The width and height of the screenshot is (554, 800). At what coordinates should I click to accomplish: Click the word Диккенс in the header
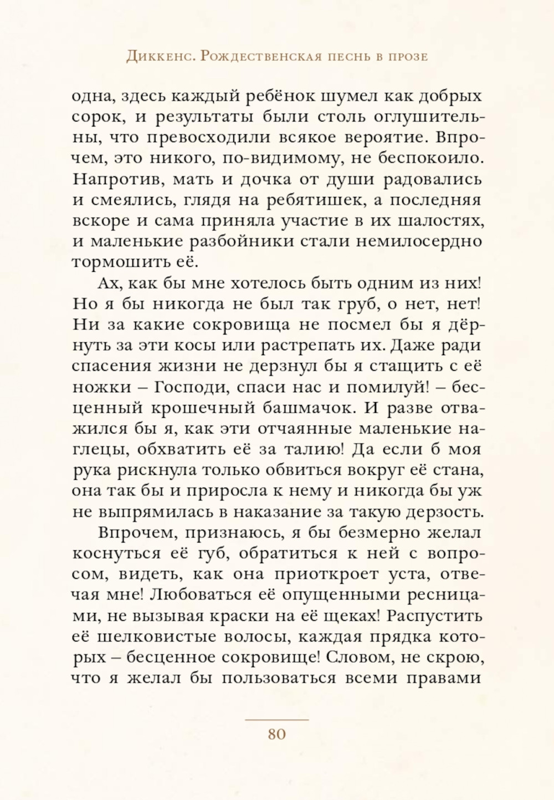159,57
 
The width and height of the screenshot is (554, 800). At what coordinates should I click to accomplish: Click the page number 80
276,734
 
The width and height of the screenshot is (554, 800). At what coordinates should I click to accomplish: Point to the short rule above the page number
276,720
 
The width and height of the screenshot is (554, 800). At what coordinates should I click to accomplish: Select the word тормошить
121,263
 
